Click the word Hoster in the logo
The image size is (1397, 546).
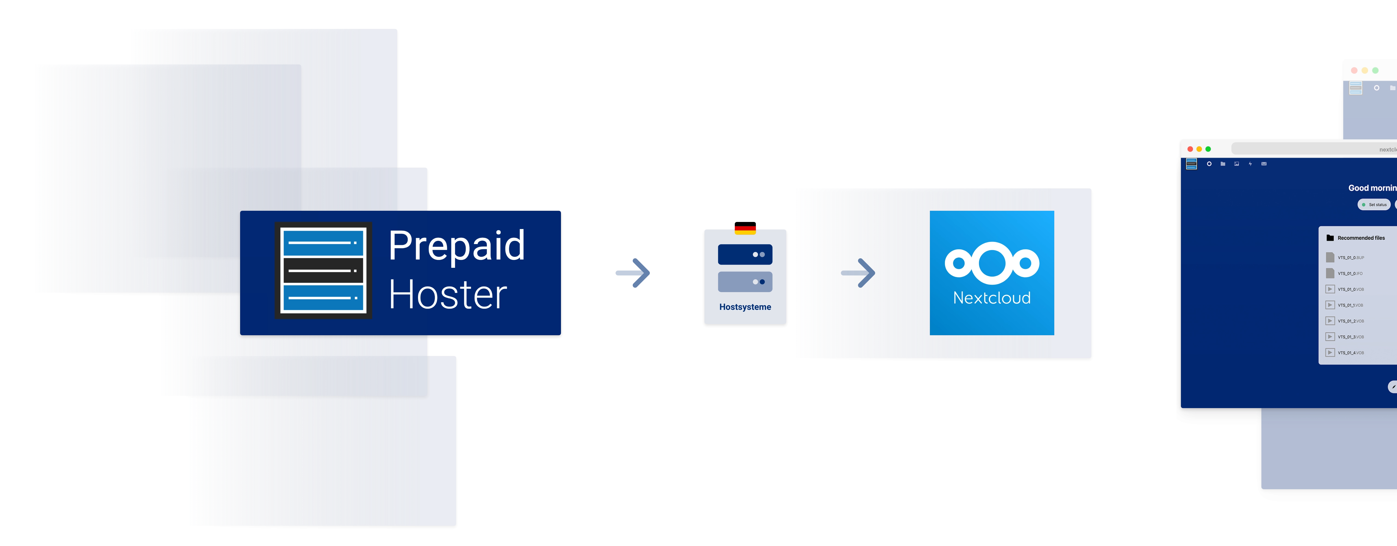tap(447, 295)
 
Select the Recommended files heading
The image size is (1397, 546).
tap(1361, 238)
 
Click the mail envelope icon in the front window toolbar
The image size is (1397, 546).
tap(1264, 164)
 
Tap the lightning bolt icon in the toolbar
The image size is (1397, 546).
tap(1250, 164)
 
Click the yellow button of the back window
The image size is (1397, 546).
tap(1365, 70)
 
